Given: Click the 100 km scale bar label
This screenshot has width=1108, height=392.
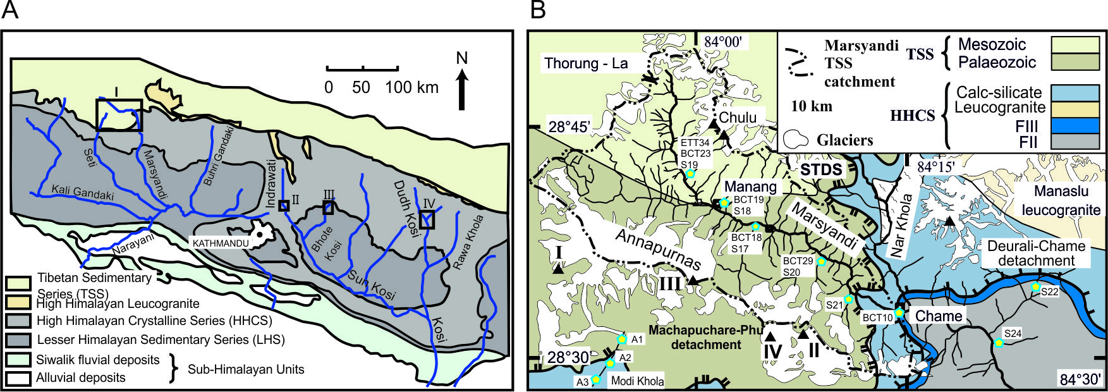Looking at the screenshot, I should (x=412, y=87).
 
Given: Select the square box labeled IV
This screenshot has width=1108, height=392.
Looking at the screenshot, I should (x=428, y=219).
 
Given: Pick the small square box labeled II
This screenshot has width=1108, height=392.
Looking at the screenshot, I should (x=284, y=205).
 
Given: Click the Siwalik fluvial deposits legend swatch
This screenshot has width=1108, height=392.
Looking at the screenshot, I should (x=19, y=360).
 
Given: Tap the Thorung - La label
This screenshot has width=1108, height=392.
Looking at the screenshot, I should (x=586, y=63).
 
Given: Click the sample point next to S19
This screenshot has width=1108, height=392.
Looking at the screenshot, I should (x=690, y=173).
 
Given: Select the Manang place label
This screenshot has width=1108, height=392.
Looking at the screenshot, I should (x=750, y=187).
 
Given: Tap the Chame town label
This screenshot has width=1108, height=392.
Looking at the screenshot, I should (x=939, y=316).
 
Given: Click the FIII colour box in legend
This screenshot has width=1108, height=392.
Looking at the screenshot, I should (x=1075, y=125).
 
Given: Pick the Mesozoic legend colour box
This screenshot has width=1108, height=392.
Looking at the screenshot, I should (x=1075, y=44).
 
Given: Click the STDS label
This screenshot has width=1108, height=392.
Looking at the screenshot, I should (x=821, y=169).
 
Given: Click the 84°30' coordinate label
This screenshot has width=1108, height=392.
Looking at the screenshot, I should (x=1081, y=379).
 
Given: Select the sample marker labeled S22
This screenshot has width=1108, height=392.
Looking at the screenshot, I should (x=1035, y=286).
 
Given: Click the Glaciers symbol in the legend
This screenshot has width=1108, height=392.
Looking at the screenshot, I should (x=796, y=139).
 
